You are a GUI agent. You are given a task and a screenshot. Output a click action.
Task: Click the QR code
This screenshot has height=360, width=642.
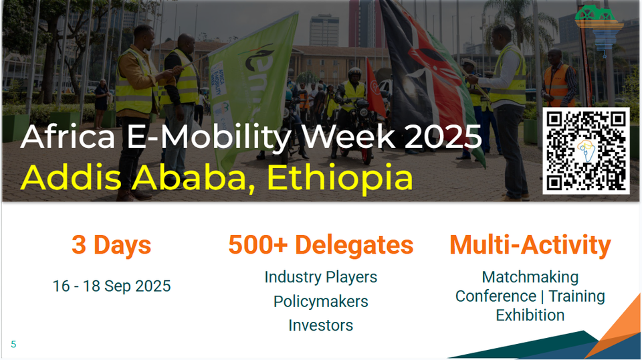(586, 151)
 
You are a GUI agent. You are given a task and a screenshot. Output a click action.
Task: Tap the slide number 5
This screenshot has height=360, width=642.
(13, 345)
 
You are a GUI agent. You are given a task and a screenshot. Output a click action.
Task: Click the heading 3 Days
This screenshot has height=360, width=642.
(112, 245)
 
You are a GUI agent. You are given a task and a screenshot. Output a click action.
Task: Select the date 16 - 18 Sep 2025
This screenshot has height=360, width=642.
(112, 286)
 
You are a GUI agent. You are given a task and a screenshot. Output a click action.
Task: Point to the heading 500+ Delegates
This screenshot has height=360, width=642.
(320, 245)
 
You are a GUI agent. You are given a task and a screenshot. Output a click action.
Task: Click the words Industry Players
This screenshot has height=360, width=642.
(320, 277)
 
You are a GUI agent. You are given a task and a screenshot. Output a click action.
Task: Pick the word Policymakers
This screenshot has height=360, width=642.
(320, 302)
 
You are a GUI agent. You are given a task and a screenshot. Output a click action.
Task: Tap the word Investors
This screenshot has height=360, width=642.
(320, 326)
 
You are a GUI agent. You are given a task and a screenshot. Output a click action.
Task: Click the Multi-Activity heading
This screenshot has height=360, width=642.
(530, 245)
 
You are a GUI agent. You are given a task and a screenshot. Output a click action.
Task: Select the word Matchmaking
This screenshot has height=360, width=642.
(530, 277)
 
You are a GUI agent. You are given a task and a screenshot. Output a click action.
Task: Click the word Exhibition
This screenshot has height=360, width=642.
(530, 315)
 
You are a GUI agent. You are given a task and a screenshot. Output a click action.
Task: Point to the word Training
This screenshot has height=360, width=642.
(577, 296)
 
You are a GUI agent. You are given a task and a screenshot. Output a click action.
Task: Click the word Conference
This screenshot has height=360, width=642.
(496, 296)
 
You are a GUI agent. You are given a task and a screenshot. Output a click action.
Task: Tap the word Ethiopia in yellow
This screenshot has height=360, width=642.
(340, 178)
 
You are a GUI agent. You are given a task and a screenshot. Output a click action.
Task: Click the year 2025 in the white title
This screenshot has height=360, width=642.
(443, 137)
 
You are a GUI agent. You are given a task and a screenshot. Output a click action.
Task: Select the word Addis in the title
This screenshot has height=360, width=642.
(72, 177)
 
